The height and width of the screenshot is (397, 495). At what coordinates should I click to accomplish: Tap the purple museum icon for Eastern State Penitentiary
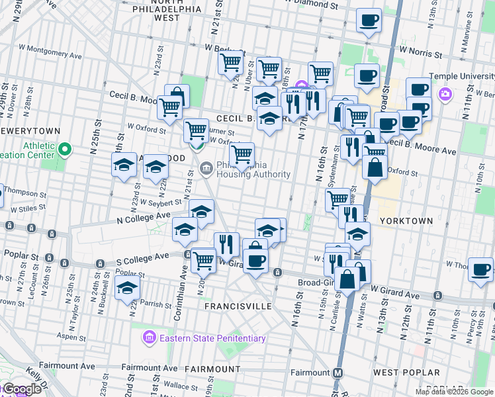[150, 338]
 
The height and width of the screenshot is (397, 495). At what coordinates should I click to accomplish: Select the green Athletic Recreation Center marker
[64, 150]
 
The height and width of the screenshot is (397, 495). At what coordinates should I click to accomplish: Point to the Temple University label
[462, 76]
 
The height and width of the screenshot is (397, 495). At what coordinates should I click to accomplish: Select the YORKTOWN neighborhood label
[406, 220]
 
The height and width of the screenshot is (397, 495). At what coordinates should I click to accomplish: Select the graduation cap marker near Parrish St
[127, 288]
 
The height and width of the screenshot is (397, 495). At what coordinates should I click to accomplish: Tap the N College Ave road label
[144, 216]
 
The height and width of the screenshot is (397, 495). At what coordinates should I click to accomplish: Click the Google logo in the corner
[21, 390]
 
